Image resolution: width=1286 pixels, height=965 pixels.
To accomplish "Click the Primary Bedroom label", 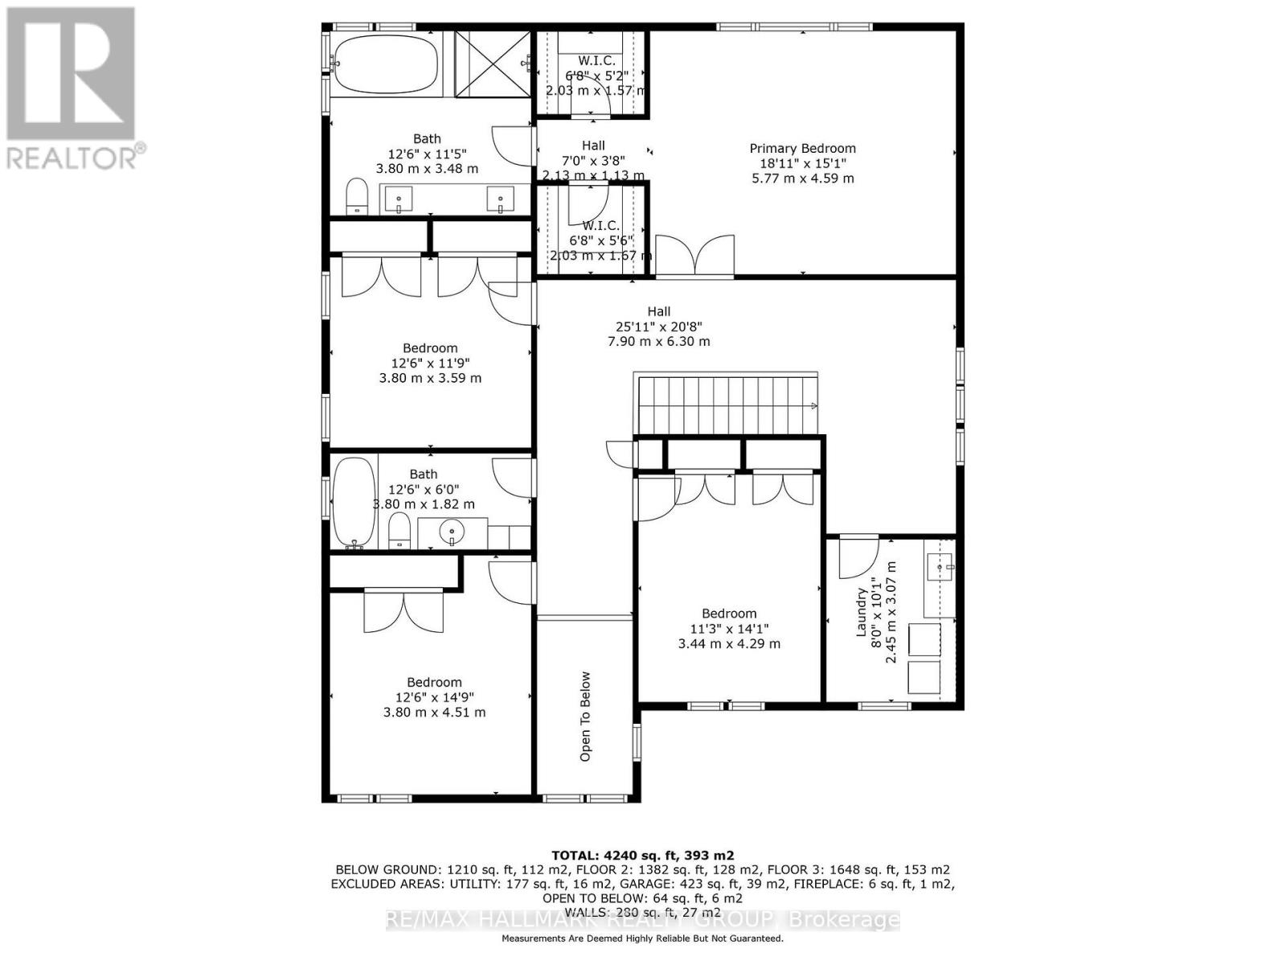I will pyautogui.click(x=802, y=148).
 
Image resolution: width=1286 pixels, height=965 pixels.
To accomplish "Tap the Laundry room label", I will pyautogui.click(x=862, y=612).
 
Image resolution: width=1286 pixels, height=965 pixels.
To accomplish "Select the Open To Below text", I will pyautogui.click(x=585, y=717).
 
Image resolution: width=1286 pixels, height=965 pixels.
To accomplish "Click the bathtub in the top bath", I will pyautogui.click(x=386, y=64).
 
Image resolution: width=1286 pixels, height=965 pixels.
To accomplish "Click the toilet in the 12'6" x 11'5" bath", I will pyautogui.click(x=356, y=197).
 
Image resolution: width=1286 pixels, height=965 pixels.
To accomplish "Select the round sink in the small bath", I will pyautogui.click(x=453, y=532).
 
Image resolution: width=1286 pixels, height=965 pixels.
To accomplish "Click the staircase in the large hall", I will pyautogui.click(x=727, y=404).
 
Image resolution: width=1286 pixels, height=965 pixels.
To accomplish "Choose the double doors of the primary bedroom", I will pyautogui.click(x=695, y=256).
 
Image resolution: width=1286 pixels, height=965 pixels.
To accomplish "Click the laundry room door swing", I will pyautogui.click(x=857, y=559).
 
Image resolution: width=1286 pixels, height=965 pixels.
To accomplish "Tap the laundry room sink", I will pyautogui.click(x=940, y=566).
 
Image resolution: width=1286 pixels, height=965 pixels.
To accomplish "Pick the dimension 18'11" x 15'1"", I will pyautogui.click(x=802, y=163).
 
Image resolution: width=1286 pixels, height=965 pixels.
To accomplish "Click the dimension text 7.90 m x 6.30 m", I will pyautogui.click(x=658, y=341).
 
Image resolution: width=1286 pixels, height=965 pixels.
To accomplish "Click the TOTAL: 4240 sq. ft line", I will pyautogui.click(x=642, y=856).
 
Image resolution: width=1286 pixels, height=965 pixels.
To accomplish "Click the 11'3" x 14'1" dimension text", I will pyautogui.click(x=729, y=629).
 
